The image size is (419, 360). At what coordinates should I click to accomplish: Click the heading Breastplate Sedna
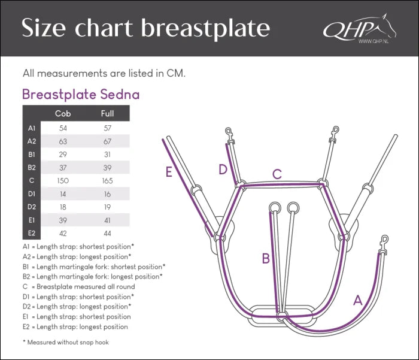click(x=81, y=95)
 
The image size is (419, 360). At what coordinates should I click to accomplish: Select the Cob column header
click(x=63, y=114)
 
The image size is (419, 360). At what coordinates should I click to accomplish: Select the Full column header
click(x=108, y=114)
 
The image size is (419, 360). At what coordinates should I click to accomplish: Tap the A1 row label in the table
click(x=32, y=128)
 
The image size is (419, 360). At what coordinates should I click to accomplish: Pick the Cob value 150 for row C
click(x=63, y=180)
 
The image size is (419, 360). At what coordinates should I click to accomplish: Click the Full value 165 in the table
click(x=108, y=180)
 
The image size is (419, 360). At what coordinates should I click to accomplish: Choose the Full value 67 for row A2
click(x=108, y=141)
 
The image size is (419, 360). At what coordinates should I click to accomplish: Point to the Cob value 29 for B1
click(x=63, y=155)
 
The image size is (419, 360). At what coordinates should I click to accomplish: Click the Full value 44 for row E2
click(x=108, y=233)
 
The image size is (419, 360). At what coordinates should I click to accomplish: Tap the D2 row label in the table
click(x=32, y=207)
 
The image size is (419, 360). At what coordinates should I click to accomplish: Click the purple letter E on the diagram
click(x=169, y=173)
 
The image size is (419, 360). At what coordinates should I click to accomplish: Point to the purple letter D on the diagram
click(x=223, y=170)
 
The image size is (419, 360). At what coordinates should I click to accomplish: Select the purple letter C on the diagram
click(x=277, y=174)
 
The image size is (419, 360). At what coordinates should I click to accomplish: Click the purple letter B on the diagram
click(x=265, y=259)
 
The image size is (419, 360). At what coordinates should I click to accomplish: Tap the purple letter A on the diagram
click(x=358, y=301)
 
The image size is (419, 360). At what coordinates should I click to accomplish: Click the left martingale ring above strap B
click(x=275, y=207)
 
